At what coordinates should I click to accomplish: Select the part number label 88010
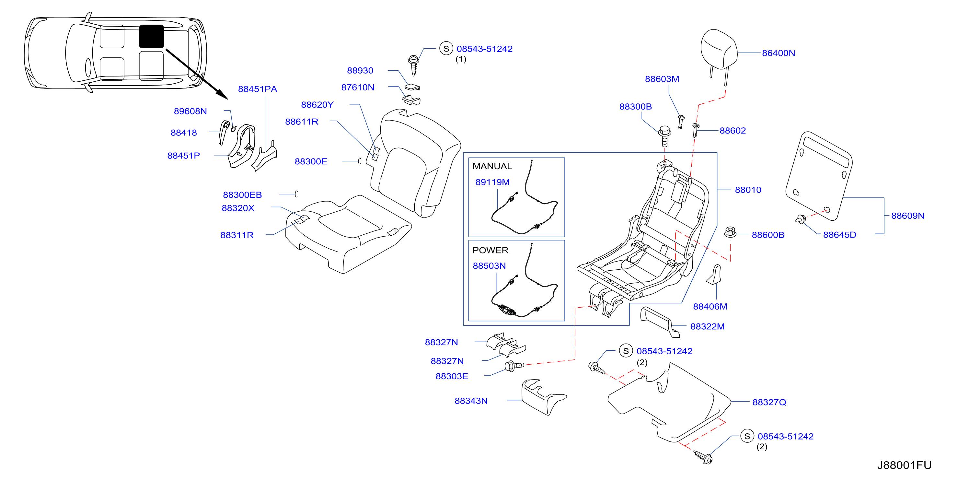748,190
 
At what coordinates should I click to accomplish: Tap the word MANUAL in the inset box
492,166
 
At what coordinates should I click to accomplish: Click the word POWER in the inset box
490,250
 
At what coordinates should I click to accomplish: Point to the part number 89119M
492,182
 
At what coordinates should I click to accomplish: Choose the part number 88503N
489,266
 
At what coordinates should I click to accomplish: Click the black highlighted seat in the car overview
151,37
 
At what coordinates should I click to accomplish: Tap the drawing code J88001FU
904,465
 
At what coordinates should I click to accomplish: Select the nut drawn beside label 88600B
730,232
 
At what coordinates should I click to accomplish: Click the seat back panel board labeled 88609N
819,176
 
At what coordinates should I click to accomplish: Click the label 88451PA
257,89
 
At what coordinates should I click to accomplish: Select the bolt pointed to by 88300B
665,136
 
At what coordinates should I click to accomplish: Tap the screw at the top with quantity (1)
414,65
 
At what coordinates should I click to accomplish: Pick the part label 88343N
471,401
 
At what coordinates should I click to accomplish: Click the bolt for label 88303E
514,366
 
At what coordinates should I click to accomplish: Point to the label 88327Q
769,402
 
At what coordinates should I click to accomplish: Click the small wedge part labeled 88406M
715,275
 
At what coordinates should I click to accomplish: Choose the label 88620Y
317,105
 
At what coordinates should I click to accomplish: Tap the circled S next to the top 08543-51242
446,49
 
